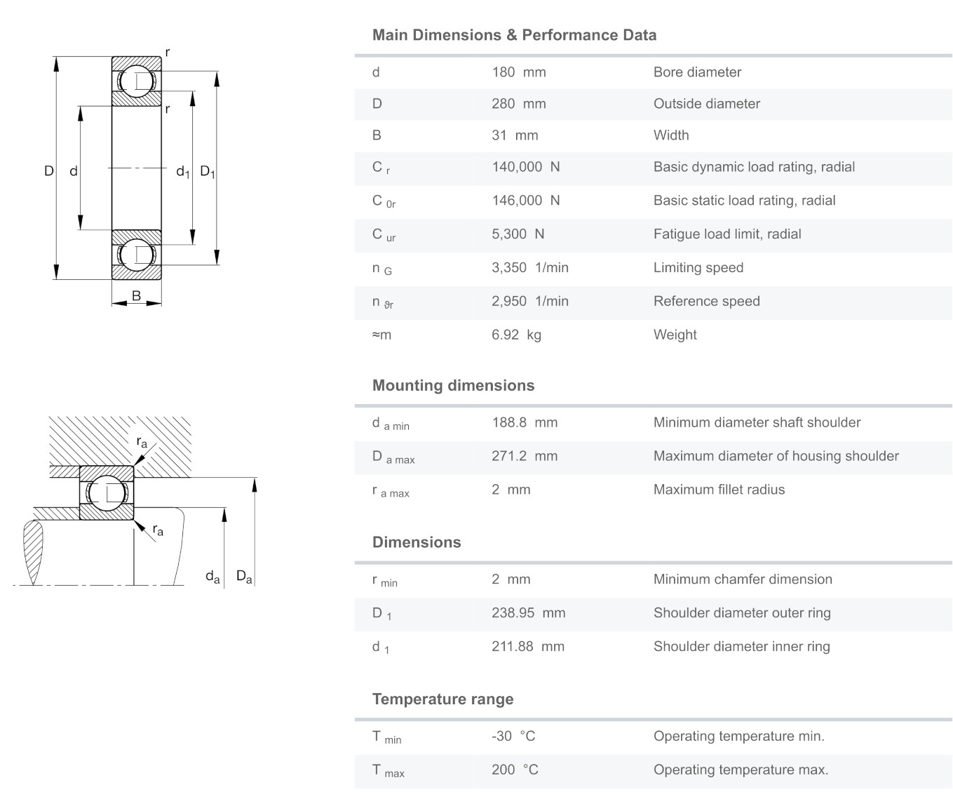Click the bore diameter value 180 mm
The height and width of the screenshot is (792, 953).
click(x=518, y=72)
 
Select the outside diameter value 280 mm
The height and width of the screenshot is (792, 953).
click(x=518, y=104)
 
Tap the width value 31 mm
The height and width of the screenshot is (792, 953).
click(x=515, y=135)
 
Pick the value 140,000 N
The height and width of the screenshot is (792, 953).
click(x=525, y=167)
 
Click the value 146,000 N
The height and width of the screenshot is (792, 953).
click(x=525, y=201)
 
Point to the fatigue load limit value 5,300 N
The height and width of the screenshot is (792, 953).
click(x=518, y=234)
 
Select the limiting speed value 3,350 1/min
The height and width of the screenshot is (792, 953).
click(x=529, y=268)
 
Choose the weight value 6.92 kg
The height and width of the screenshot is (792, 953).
click(x=516, y=335)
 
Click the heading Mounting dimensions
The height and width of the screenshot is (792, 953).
click(x=453, y=385)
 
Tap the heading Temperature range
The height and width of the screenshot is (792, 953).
click(x=442, y=699)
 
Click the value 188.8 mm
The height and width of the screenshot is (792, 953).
click(x=525, y=422)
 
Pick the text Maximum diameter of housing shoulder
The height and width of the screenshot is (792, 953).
click(x=776, y=456)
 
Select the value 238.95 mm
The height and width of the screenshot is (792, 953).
click(x=528, y=613)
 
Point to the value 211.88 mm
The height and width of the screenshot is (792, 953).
click(x=527, y=647)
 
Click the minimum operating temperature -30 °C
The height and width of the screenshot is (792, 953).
click(x=513, y=736)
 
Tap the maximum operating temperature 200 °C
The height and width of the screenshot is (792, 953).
click(x=515, y=770)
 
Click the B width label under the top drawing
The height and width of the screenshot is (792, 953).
click(x=136, y=295)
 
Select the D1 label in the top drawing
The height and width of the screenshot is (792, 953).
click(x=208, y=171)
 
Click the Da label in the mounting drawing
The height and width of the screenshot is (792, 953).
click(x=244, y=577)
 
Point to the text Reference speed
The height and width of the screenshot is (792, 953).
click(x=706, y=302)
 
